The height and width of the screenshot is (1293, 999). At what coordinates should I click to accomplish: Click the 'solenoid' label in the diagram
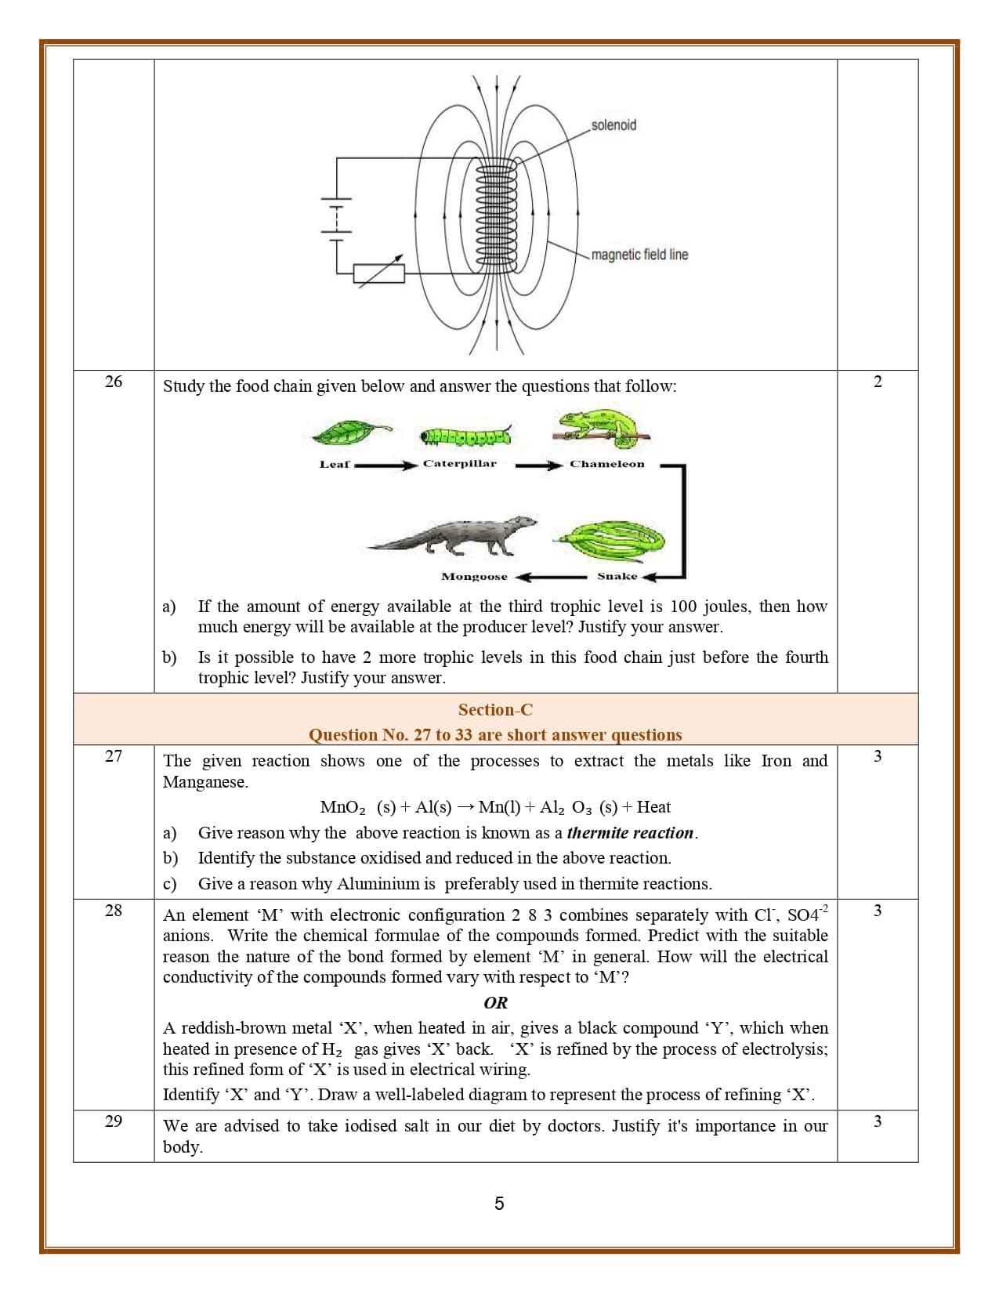tap(614, 125)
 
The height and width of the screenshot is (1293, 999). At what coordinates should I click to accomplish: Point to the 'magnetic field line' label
tap(639, 255)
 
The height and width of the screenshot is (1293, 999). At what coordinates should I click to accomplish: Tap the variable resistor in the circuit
tap(379, 273)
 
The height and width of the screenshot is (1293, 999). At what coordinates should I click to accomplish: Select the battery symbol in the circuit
tap(336, 214)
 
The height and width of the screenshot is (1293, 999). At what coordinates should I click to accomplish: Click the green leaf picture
tap(351, 433)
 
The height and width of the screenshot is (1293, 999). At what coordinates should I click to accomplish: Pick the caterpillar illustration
tap(465, 436)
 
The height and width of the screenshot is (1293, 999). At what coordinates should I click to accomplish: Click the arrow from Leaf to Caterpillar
tap(385, 465)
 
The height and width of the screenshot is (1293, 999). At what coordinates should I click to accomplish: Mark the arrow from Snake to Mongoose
tap(552, 578)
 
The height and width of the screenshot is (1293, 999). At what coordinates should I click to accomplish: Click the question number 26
tap(114, 382)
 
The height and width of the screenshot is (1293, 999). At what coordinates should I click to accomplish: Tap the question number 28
tap(114, 910)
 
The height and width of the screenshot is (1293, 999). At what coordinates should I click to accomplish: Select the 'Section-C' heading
tap(495, 710)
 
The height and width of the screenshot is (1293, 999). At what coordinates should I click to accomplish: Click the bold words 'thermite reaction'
tap(630, 833)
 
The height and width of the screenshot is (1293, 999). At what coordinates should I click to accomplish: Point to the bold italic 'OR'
tap(495, 1003)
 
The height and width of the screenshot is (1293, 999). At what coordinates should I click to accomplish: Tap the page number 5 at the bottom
tap(499, 1204)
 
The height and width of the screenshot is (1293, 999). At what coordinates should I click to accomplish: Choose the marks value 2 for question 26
tap(878, 382)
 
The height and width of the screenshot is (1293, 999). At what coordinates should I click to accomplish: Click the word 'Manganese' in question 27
tap(204, 782)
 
